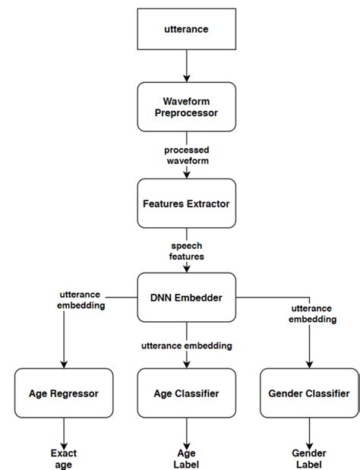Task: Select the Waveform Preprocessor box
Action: coord(186,107)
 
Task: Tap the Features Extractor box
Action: coord(186,203)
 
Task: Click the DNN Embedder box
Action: coord(186,298)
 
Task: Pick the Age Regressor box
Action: coord(64,393)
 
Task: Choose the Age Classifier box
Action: coord(186,393)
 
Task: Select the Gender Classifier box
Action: coord(309,393)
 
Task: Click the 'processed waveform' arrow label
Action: coord(186,156)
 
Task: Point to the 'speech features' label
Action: coord(186,251)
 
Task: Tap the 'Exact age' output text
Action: coord(64,459)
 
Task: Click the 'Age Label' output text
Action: coord(186,459)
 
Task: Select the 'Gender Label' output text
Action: coord(309,459)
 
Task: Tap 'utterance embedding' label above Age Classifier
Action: coord(187,345)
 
